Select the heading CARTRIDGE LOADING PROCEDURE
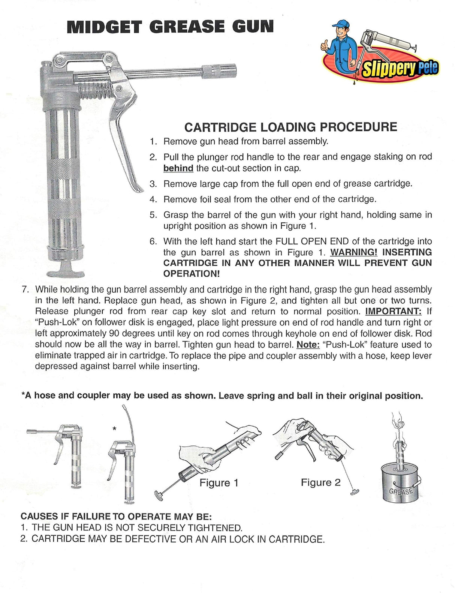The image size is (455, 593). (290, 127)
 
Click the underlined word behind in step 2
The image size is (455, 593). (178, 168)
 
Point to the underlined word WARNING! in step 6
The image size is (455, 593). (353, 252)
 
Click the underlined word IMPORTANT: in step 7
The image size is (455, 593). (393, 311)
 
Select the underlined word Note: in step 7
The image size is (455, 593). (308, 344)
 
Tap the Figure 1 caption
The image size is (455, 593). (219, 483)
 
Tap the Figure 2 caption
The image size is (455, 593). (320, 482)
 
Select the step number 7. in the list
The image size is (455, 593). (25, 290)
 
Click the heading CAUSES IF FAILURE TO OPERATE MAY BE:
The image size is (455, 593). (116, 517)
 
